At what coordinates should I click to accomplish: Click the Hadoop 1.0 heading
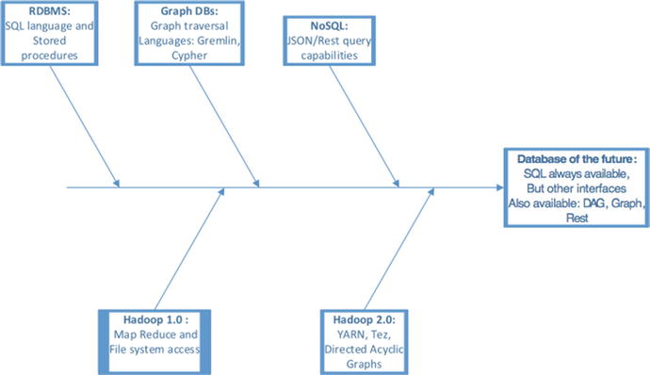[x=145, y=320]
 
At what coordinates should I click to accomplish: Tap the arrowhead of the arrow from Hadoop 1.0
[x=222, y=192]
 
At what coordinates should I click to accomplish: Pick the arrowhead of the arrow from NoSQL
[x=397, y=183]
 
